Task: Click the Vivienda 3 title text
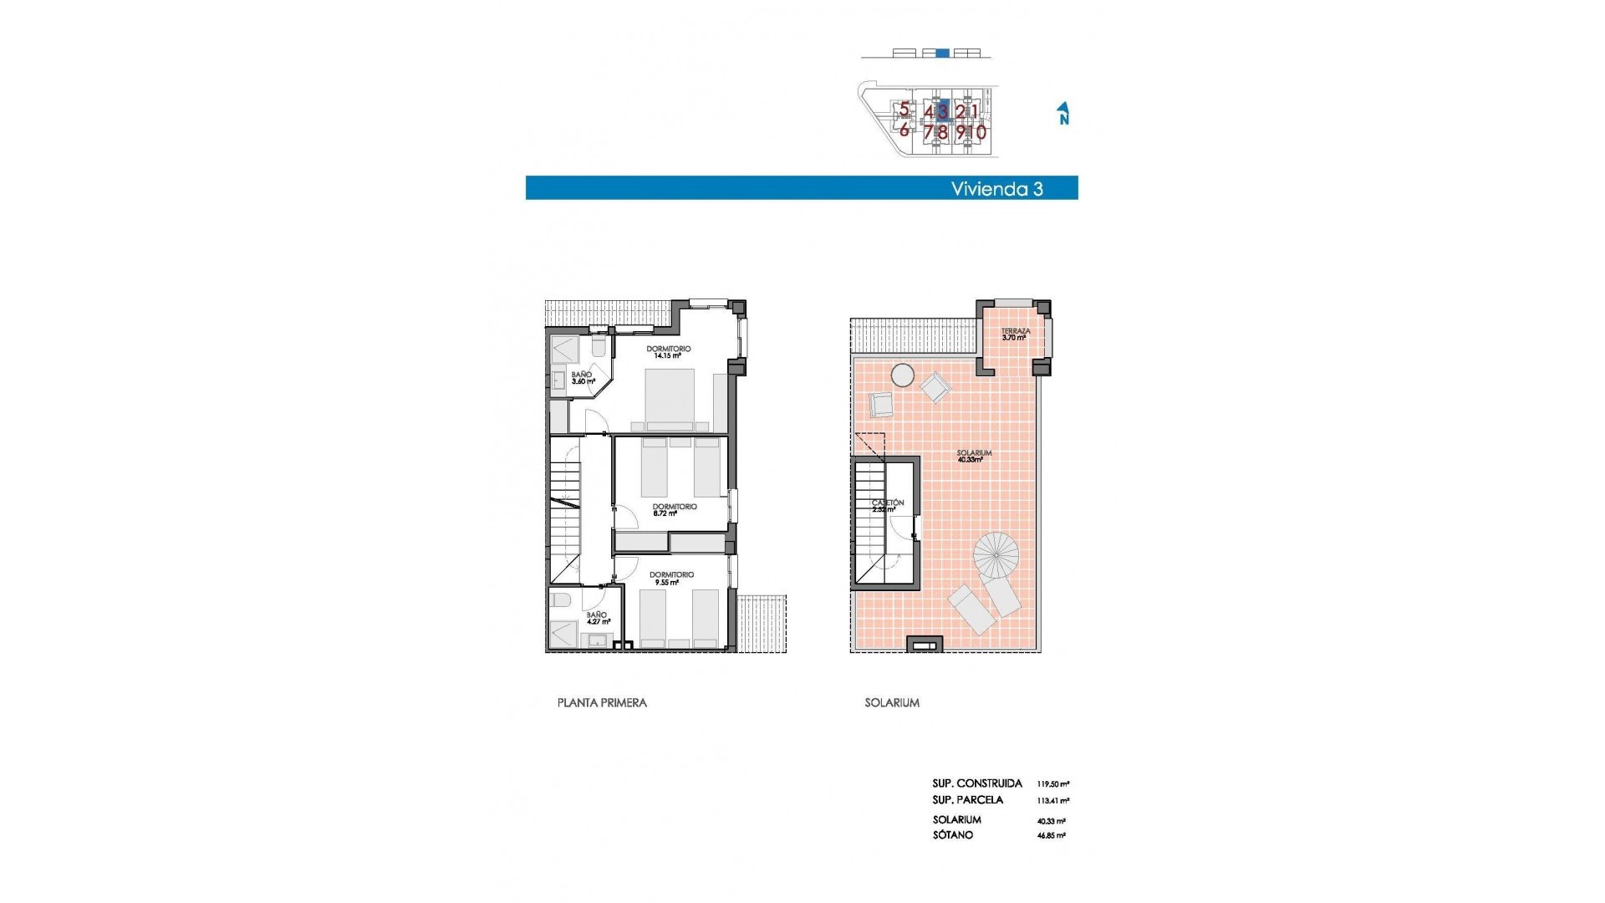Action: pyautogui.click(x=996, y=189)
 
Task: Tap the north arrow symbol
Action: pyautogui.click(x=1063, y=114)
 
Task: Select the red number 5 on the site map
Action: pyautogui.click(x=904, y=110)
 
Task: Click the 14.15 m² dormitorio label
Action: pyautogui.click(x=668, y=352)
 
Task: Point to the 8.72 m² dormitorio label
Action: pyautogui.click(x=674, y=509)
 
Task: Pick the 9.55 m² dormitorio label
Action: pyautogui.click(x=671, y=578)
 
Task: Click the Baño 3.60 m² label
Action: pyautogui.click(x=582, y=378)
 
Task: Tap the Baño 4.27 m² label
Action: pyautogui.click(x=597, y=618)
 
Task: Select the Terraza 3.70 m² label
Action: pyautogui.click(x=1016, y=334)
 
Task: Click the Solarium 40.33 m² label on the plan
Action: pyautogui.click(x=974, y=456)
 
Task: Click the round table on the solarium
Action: pyautogui.click(x=902, y=375)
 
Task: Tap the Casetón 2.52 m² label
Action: pyautogui.click(x=887, y=506)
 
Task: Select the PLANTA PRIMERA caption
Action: pyautogui.click(x=602, y=703)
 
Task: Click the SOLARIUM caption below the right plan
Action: pyautogui.click(x=892, y=703)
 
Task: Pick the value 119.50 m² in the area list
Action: pyautogui.click(x=1052, y=784)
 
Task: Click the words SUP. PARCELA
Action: pyautogui.click(x=967, y=800)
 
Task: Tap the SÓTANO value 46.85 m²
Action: pyautogui.click(x=1051, y=835)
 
